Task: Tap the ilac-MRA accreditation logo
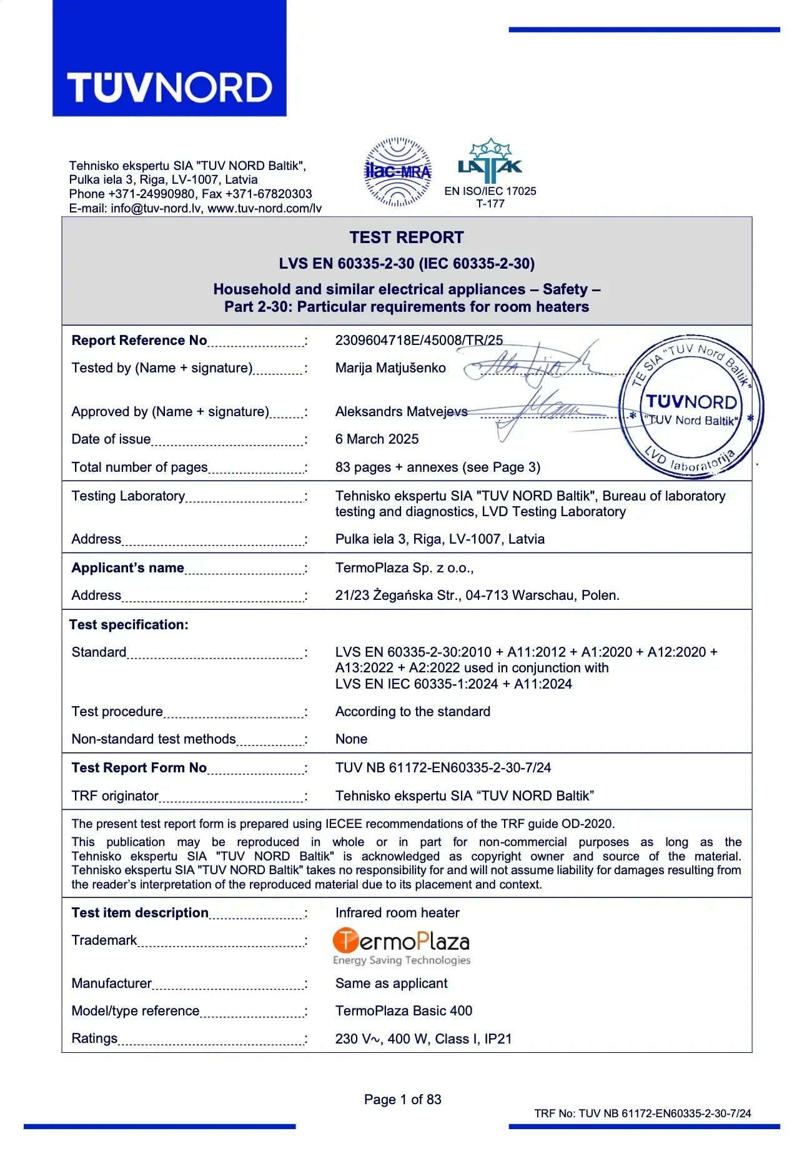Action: point(397,172)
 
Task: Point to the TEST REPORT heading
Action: point(407,237)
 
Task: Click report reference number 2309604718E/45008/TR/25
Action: point(418,341)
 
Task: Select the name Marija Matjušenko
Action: point(390,368)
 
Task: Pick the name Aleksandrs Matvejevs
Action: point(401,412)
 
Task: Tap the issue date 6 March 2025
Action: point(377,439)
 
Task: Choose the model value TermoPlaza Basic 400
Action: point(403,1011)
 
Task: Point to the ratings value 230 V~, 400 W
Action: point(423,1039)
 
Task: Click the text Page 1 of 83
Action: point(402,1100)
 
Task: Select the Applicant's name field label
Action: point(128,568)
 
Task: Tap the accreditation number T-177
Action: point(490,204)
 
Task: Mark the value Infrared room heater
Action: point(397,913)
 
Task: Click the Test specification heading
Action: point(129,625)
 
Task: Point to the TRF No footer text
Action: point(642,1114)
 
